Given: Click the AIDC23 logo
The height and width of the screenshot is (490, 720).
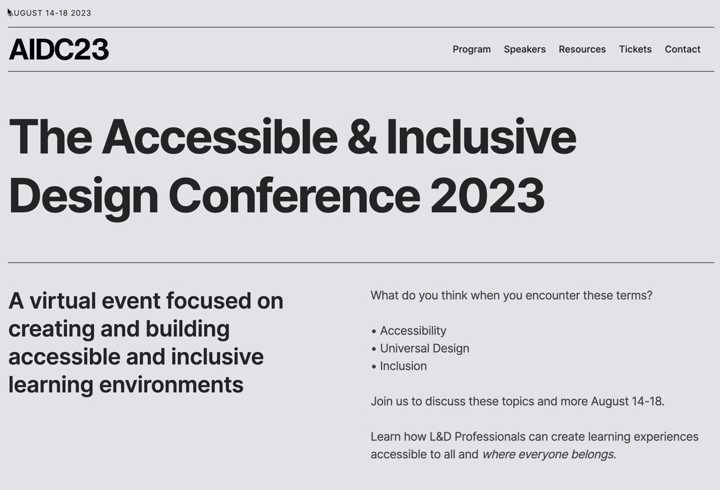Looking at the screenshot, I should (x=59, y=49).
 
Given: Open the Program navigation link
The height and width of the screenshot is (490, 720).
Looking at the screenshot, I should (x=472, y=49).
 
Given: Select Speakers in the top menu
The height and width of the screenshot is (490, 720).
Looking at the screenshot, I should (x=525, y=49).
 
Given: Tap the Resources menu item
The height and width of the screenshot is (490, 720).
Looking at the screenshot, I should (x=582, y=49).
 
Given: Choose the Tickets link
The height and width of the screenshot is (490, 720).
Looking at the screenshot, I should (x=635, y=49).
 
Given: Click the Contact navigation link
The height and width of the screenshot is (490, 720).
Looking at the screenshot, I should (x=682, y=49).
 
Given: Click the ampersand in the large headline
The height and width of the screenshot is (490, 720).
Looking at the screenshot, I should (x=361, y=137).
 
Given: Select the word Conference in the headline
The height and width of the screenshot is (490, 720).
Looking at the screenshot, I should (x=294, y=196).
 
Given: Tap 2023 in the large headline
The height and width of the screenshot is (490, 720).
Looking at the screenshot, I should (x=487, y=196).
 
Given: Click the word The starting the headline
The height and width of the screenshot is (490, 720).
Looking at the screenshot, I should (x=51, y=137).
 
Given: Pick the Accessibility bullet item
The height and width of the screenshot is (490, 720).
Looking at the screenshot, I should (x=413, y=331).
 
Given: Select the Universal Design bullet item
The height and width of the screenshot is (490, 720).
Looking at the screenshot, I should (x=424, y=349).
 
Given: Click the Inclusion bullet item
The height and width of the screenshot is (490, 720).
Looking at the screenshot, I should (x=403, y=366).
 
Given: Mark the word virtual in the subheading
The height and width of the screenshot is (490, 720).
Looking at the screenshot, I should (x=62, y=301).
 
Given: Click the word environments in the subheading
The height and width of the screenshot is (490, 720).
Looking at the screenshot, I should (x=171, y=385).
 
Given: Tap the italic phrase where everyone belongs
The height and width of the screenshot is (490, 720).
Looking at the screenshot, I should (x=548, y=455).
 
